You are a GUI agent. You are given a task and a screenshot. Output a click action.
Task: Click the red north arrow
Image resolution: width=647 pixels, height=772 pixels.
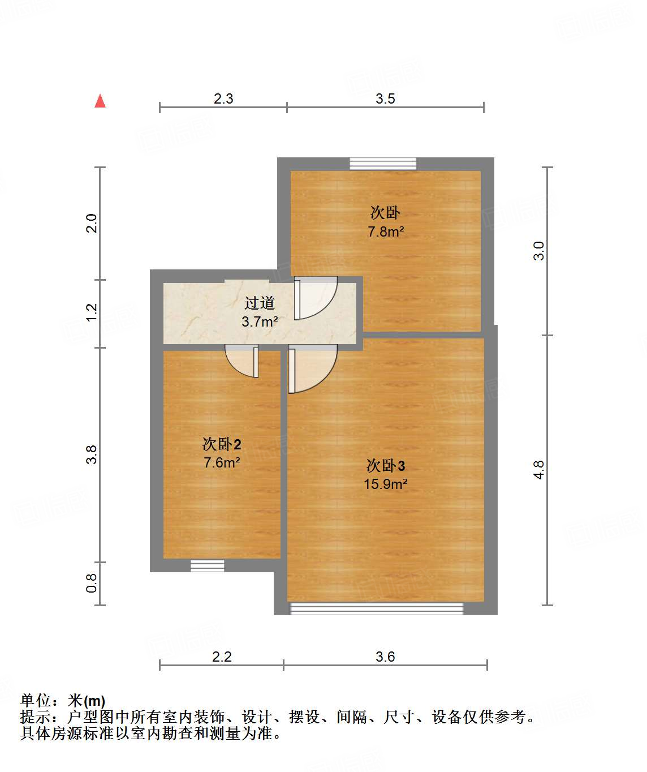coord(100,101)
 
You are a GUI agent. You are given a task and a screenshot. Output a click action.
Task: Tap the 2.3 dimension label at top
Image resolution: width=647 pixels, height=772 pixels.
coord(223,98)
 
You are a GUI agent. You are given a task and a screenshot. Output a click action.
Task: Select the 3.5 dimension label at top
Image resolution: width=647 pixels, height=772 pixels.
coord(385,98)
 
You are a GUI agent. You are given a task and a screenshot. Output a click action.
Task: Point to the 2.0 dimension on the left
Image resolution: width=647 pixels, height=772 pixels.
coord(92,223)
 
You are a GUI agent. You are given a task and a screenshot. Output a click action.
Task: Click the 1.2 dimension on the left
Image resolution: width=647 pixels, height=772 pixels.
coord(92,312)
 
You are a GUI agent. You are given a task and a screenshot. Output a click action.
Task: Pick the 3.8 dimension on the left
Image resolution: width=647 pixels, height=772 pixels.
coord(92,454)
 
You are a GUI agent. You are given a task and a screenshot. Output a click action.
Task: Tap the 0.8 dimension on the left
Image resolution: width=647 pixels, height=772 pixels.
coord(92,583)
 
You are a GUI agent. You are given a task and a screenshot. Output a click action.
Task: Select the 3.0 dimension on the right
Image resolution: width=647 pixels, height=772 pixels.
coord(539,250)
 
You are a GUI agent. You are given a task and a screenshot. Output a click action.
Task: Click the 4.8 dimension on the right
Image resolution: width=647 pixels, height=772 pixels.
coord(539,470)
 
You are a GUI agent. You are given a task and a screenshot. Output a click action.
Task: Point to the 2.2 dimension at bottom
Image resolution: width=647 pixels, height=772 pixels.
coord(222,657)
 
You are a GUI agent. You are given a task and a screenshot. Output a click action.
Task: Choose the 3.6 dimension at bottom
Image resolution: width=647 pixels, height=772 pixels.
coord(385,657)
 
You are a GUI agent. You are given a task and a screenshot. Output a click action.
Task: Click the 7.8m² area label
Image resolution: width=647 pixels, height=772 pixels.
coord(386,231)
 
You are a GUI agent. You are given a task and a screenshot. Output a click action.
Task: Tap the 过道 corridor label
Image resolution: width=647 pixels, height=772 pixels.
coord(260,303)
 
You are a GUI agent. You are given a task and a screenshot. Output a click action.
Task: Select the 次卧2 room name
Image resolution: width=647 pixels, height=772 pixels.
coord(222,444)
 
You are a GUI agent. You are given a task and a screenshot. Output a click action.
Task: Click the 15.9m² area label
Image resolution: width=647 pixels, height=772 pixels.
coord(386,484)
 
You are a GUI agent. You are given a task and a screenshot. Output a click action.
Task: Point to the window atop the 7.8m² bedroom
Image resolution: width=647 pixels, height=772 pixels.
coord(383,164)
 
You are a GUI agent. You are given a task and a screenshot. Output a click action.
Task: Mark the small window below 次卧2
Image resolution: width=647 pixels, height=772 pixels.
coord(207,565)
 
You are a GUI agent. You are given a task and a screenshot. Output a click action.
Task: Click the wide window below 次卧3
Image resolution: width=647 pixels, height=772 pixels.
coord(376,608)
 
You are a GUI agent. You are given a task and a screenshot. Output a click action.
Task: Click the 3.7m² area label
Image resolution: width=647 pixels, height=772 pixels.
coord(260,322)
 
